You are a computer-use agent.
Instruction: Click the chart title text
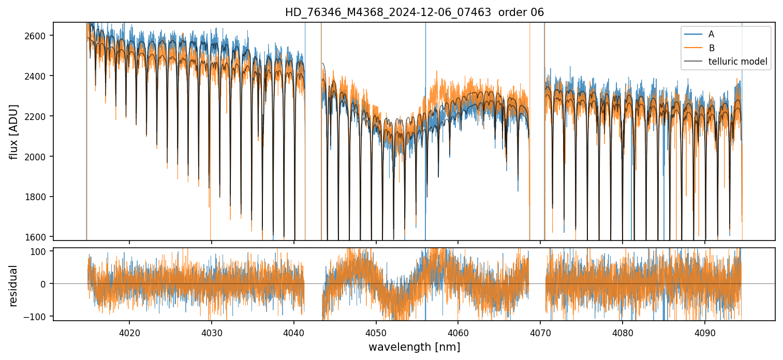414,12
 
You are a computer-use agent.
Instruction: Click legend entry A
711,34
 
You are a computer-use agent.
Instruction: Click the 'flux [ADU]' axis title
14,131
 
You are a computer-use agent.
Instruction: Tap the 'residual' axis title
14,286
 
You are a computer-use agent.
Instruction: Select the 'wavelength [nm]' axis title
414,347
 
